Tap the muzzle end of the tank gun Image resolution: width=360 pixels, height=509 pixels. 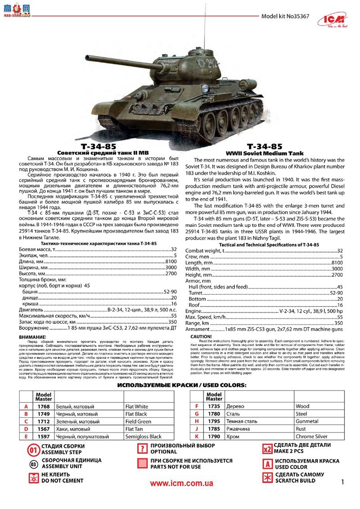tap(86, 58)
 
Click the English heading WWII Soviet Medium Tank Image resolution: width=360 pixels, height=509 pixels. tap(265, 153)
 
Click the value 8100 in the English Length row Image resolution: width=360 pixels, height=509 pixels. tap(337, 263)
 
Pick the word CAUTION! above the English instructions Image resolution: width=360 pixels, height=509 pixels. tap(201, 336)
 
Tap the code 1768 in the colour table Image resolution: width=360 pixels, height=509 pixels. tap(43, 406)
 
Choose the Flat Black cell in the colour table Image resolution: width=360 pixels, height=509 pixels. tap(136, 414)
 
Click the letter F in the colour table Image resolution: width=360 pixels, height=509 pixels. tap(197, 406)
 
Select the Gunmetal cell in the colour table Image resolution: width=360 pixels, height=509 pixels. tap(307, 422)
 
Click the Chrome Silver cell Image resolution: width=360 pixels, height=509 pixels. tap(311, 437)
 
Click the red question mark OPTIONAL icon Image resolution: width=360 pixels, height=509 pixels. tap(143, 449)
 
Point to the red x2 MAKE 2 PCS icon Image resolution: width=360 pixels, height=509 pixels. tap(267, 449)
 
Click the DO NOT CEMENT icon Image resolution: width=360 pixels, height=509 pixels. tap(33, 478)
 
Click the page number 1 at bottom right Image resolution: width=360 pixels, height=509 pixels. tap(343, 483)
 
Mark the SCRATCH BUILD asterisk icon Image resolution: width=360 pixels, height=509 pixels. tap(267, 478)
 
